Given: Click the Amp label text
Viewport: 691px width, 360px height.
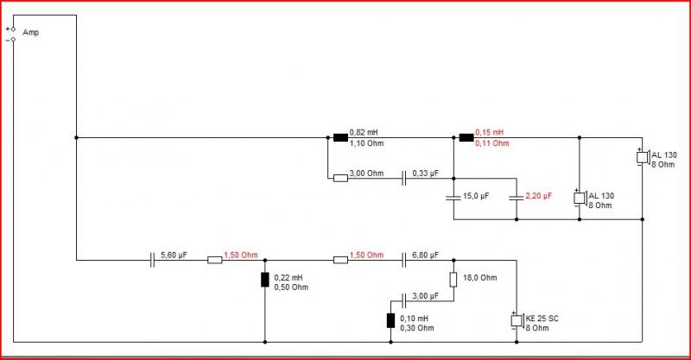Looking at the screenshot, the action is tap(31, 33).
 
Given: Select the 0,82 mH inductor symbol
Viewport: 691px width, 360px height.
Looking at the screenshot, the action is tap(340, 137).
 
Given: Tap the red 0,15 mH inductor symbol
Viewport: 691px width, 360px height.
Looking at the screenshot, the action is tap(466, 137).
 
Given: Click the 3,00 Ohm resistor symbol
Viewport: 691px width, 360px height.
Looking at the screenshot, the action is tap(340, 179).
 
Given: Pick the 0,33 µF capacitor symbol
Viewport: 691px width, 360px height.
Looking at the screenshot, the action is tap(403, 179).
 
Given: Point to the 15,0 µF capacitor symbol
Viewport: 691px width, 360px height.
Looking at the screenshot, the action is tap(453, 198).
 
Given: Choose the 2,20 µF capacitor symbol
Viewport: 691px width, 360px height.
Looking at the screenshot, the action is tap(517, 198).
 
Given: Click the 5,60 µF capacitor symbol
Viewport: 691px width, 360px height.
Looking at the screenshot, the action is tap(152, 260).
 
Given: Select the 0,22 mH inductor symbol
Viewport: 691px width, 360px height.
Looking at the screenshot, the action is tap(265, 280).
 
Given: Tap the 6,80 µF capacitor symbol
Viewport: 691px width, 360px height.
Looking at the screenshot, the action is tap(403, 260).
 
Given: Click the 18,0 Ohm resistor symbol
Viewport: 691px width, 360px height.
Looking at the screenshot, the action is tap(453, 280).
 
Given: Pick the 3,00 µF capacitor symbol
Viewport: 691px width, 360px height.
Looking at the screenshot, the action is tap(403, 301).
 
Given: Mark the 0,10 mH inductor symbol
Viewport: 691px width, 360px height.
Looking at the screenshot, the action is tap(391, 320).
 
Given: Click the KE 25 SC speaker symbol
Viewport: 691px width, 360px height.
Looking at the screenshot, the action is tap(517, 320).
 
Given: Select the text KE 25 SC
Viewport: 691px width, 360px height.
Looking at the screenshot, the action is tap(542, 319).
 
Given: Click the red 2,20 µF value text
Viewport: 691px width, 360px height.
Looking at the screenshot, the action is tap(538, 196).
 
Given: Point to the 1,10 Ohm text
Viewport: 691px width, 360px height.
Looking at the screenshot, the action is tap(366, 143).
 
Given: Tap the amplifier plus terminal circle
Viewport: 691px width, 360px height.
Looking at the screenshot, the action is tap(13, 29).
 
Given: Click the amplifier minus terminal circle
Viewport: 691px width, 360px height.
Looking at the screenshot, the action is tap(13, 40).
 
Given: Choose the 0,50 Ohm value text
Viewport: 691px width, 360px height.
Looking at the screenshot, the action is tap(291, 287).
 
